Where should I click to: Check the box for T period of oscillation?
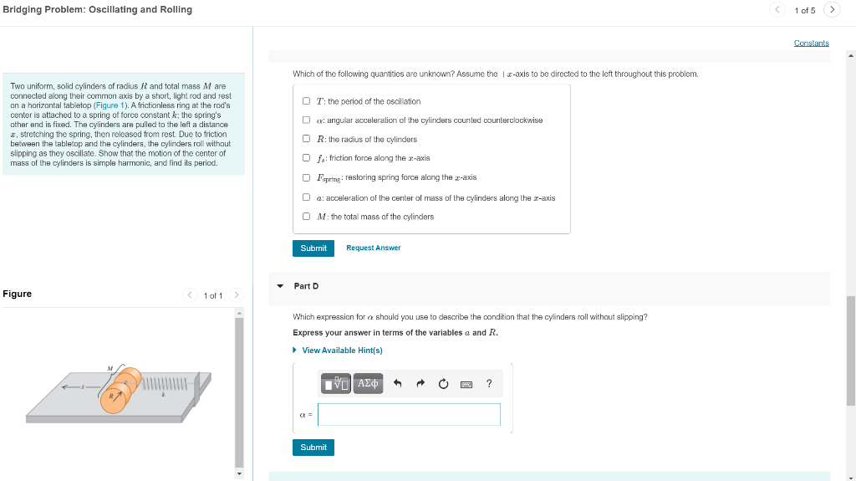tap(307, 101)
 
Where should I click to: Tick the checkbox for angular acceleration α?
tap(307, 120)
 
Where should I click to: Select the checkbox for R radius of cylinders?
tap(307, 139)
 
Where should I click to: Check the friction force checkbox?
tap(307, 158)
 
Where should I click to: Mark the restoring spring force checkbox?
tap(307, 177)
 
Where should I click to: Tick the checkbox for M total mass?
tap(307, 217)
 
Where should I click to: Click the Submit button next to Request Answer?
tap(313, 248)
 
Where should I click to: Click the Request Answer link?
tap(373, 248)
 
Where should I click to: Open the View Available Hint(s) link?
tap(341, 351)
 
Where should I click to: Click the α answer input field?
tap(409, 414)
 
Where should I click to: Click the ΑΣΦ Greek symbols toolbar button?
tap(368, 384)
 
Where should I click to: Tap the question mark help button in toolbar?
tap(489, 384)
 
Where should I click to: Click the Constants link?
tap(811, 43)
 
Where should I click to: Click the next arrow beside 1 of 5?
tap(831, 10)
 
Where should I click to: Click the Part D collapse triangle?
tap(280, 286)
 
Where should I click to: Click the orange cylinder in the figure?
tap(115, 398)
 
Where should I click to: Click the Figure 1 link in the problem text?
tap(110, 106)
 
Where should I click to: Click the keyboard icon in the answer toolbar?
tap(466, 384)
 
